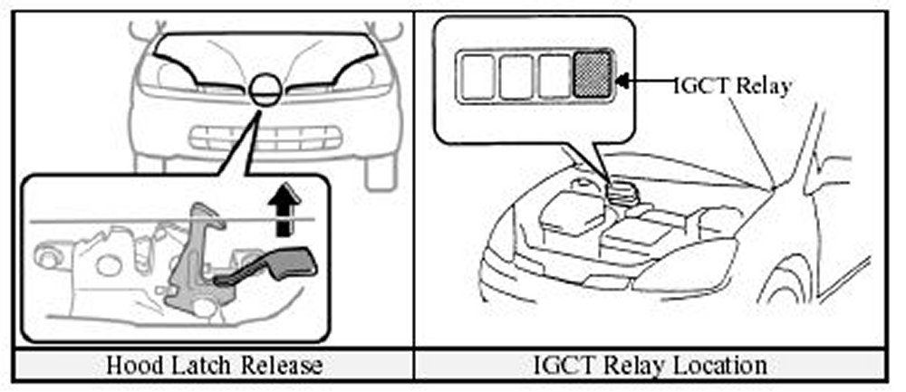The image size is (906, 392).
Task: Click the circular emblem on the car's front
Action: pyautogui.click(x=264, y=91)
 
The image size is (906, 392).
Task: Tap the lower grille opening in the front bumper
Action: pyautogui.click(x=264, y=141)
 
